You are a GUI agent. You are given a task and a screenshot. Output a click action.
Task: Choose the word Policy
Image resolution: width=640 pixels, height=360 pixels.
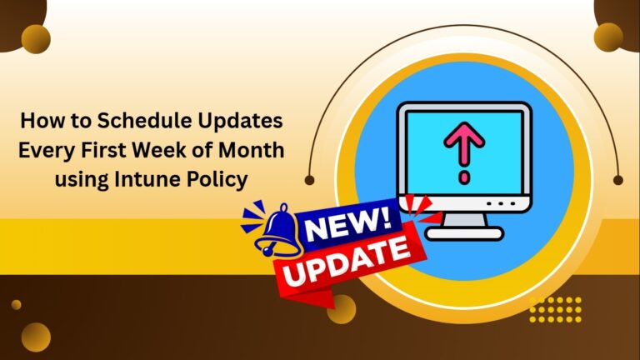point(223,180)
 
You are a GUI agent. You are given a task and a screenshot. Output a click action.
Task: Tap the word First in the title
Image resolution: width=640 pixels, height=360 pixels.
point(95,151)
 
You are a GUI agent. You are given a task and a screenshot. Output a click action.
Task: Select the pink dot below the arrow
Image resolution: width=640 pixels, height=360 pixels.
point(463,177)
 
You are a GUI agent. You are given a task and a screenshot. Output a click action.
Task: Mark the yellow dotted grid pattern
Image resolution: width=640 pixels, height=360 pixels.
point(555,308)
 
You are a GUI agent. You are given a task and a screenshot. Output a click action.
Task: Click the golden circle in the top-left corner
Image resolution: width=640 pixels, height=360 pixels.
point(36,38)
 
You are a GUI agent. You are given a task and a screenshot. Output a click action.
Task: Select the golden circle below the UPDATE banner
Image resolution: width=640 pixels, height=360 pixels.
point(342,308)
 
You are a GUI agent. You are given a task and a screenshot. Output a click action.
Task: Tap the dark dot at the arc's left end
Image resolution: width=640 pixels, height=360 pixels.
point(310,179)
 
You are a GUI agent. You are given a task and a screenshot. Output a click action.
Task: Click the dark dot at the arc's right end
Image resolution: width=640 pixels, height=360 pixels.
point(617,179)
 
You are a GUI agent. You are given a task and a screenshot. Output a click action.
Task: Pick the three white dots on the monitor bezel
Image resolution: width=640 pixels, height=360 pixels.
point(498,202)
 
